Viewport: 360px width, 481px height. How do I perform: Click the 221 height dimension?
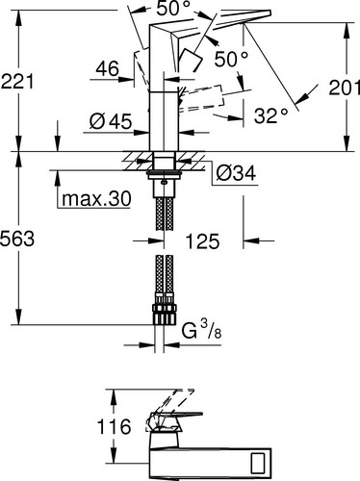tap(17, 81)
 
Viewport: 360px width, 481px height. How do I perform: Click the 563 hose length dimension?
tap(17, 239)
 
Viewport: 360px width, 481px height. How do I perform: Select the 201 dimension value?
tap(345, 88)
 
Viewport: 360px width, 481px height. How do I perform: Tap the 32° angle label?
tap(270, 115)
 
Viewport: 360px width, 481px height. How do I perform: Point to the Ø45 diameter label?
tap(111, 121)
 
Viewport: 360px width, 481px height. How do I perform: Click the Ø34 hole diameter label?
tap(236, 173)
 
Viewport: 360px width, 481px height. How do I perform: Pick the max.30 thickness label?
tap(96, 199)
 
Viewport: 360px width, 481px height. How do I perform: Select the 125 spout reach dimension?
tap(203, 241)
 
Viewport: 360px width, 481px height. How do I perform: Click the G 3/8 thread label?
tap(201, 331)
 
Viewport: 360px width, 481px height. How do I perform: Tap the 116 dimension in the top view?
tap(114, 426)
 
